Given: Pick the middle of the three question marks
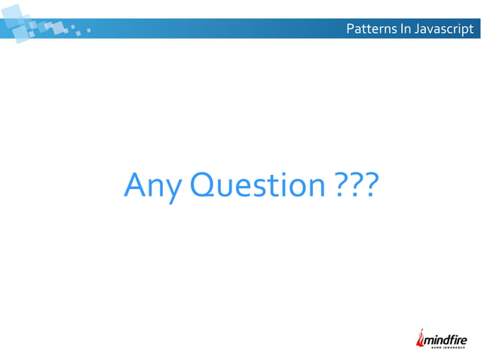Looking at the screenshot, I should [x=353, y=184].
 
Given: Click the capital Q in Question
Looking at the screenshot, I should [x=203, y=185].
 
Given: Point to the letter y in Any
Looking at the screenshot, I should [x=171, y=188].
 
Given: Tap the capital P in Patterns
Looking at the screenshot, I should [x=349, y=30].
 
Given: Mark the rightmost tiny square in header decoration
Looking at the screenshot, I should [x=89, y=32].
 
